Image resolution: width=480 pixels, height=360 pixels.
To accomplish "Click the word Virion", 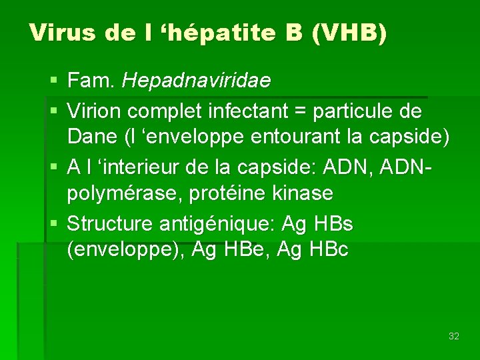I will point(96,110).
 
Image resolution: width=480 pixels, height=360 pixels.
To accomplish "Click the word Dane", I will point(92,138).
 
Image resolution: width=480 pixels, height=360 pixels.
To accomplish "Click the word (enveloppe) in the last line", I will point(126,251).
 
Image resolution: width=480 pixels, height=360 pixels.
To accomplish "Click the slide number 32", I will point(454,336).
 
